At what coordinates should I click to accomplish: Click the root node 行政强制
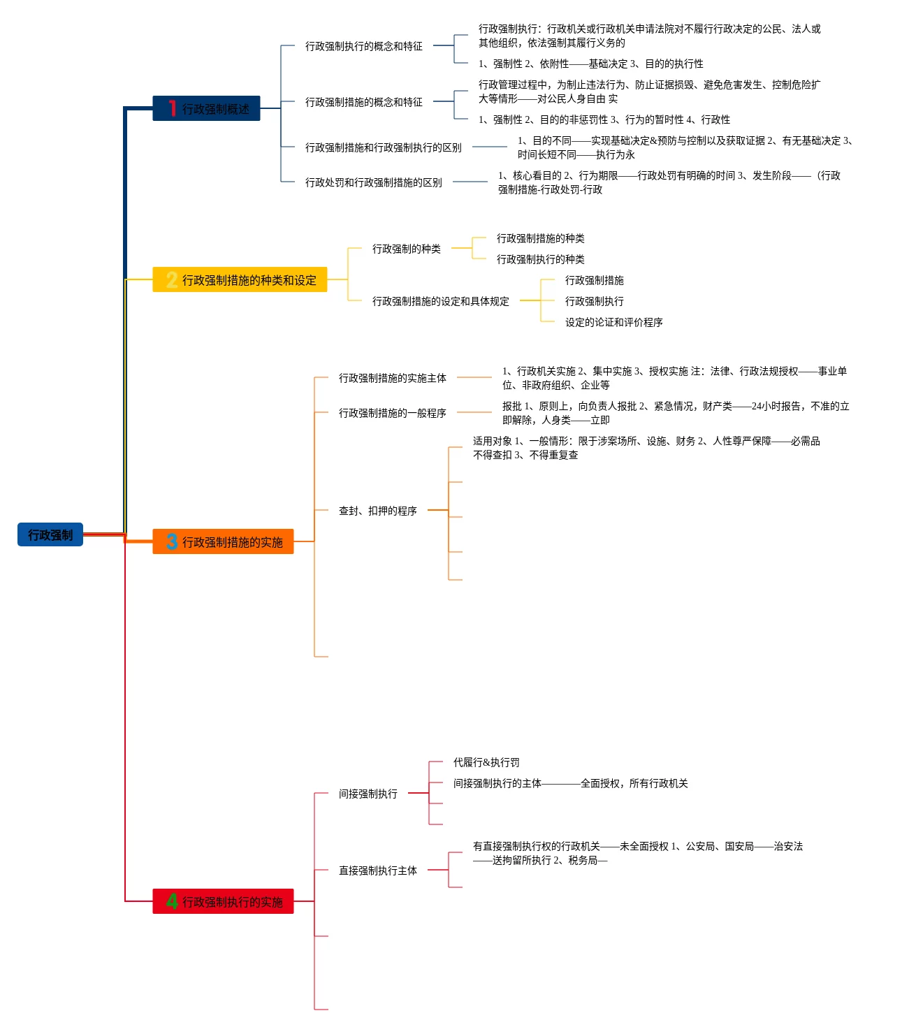[50, 534]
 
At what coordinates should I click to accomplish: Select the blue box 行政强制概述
[207, 108]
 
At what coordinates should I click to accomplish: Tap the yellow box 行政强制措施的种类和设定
[240, 279]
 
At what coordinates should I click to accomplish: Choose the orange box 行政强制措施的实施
[224, 541]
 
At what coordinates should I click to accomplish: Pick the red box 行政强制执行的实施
[224, 901]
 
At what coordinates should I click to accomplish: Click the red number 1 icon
[172, 108]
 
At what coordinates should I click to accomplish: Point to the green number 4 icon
[172, 901]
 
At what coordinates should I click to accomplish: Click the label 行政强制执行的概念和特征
[363, 46]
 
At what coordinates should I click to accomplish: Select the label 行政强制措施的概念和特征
[363, 102]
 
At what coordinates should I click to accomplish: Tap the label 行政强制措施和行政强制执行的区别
[383, 147]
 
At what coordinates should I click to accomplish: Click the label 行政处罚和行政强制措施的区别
[373, 182]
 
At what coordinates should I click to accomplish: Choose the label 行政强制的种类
[406, 249]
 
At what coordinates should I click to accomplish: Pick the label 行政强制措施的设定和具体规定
[440, 301]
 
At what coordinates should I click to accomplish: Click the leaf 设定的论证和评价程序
[613, 322]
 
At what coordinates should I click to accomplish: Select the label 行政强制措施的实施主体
[392, 378]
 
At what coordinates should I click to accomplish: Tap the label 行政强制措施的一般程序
[392, 413]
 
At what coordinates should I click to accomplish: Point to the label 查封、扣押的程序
[377, 511]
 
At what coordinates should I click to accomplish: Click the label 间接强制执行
[368, 794]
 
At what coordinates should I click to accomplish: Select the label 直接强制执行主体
[377, 871]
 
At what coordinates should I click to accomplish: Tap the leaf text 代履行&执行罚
[486, 762]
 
